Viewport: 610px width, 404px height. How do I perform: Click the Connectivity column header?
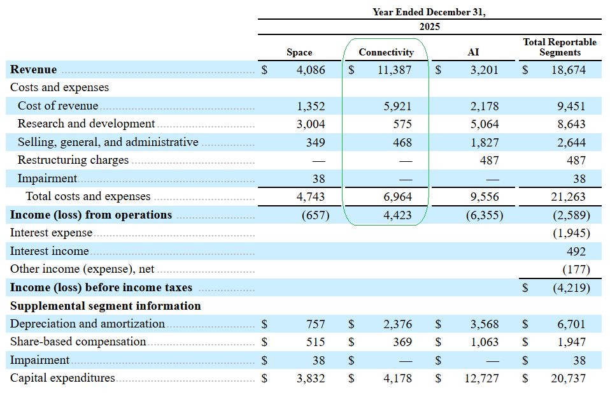coord(386,52)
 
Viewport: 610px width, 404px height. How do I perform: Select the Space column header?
coord(299,52)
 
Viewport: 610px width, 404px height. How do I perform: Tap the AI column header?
coord(473,52)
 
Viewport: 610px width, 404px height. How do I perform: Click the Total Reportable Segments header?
coord(560,47)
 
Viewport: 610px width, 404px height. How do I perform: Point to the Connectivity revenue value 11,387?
coord(395,70)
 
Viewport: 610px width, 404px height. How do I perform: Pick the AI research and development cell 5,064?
coord(485,124)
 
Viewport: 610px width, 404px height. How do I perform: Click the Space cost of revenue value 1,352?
coord(311,106)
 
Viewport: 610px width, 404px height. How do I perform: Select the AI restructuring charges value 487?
coord(489,161)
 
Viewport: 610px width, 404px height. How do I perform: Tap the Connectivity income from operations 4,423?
coord(397,215)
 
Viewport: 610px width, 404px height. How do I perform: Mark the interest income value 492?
coord(576,252)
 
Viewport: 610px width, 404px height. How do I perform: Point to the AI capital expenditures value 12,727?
coord(481,379)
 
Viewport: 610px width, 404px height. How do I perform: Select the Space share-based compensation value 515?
coord(315,342)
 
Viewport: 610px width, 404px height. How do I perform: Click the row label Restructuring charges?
coord(73,160)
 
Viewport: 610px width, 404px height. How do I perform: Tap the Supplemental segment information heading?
coord(106,306)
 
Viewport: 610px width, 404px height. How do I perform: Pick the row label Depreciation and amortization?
coord(87,324)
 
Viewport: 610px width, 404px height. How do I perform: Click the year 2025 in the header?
coord(430,27)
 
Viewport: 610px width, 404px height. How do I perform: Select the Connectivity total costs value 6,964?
coord(397,197)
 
